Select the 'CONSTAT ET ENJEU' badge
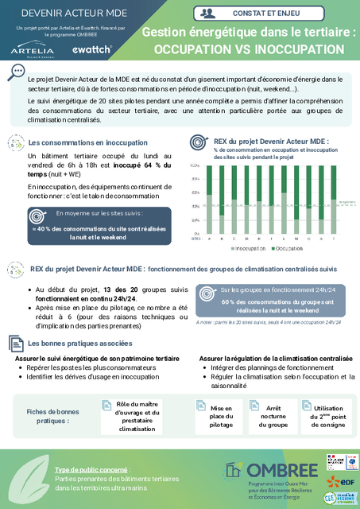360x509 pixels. point(272,13)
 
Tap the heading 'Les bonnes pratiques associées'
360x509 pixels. point(79,344)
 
